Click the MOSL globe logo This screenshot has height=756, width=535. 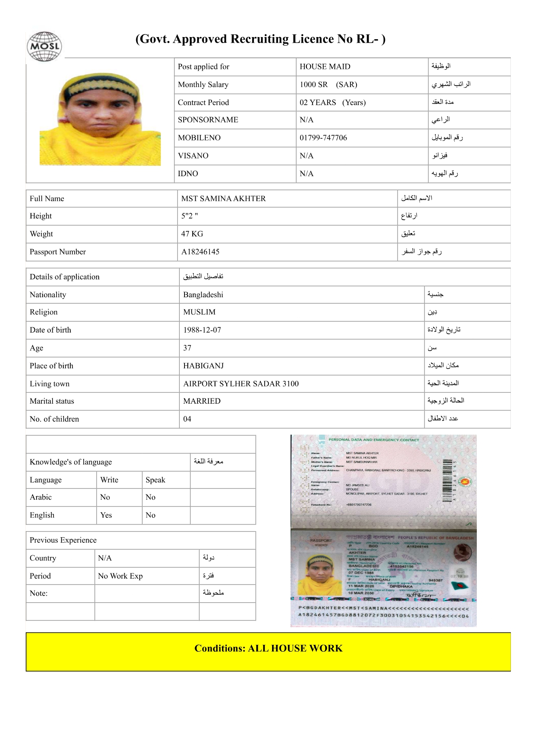point(44,47)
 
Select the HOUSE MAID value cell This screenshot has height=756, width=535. point(325,67)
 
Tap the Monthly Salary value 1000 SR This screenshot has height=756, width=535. point(313,85)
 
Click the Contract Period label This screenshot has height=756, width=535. point(203,103)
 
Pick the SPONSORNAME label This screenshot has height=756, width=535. point(208,120)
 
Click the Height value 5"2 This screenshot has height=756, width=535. point(189,216)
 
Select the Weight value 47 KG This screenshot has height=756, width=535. point(192,234)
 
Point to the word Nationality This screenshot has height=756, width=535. point(48,295)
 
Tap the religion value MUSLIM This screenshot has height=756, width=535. point(199,312)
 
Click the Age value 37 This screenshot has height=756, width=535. point(187,348)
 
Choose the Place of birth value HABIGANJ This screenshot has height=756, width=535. point(203,366)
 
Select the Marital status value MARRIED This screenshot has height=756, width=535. point(202,401)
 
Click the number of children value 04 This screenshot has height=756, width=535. point(187,419)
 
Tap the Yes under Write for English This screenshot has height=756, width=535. point(106,515)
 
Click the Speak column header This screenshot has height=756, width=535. point(155,480)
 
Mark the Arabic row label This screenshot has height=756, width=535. point(41,497)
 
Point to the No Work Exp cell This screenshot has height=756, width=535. point(120,576)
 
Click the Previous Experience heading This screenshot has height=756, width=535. point(63,540)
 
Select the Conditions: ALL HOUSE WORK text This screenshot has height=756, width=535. point(268,648)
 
